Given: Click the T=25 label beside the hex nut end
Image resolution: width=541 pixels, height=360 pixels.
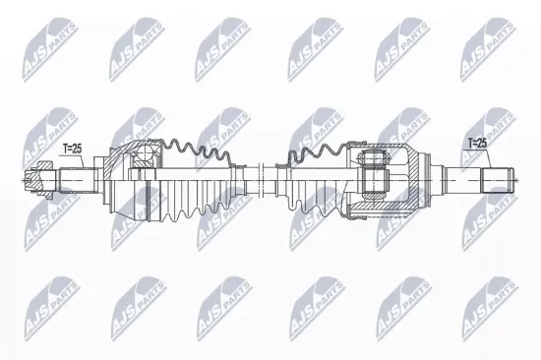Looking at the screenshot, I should [74, 149].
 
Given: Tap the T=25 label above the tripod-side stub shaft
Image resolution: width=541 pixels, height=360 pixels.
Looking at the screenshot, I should [476, 144].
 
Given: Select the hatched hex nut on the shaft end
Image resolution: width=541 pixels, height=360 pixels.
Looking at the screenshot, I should [38, 179].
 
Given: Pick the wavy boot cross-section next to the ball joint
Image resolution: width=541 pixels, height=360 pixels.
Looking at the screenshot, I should [197, 152].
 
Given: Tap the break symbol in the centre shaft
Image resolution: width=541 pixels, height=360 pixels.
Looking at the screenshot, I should [263, 180].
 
